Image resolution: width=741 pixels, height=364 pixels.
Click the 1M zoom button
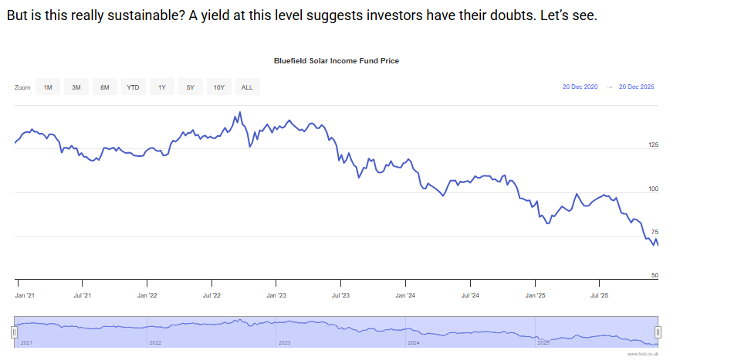[x=48, y=87]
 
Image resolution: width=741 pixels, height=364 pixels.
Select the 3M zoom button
[x=76, y=87]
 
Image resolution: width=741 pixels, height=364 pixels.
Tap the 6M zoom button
[x=104, y=87]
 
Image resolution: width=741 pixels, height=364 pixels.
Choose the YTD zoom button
[x=133, y=87]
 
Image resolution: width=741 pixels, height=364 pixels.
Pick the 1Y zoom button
[x=162, y=87]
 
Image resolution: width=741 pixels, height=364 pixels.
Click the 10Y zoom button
[x=218, y=87]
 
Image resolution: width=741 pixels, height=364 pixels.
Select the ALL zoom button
[x=247, y=87]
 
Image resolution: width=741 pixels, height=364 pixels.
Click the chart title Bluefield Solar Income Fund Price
[x=336, y=60]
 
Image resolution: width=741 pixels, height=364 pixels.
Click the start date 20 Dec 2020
[x=580, y=87]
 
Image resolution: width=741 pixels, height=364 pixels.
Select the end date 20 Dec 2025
[x=636, y=87]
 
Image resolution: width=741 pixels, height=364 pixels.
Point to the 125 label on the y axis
[x=654, y=145]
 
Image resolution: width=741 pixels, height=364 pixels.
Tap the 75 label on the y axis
[x=655, y=232]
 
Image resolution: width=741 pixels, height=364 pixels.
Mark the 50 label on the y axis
[x=655, y=275]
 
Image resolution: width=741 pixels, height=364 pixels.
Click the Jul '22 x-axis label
[x=212, y=295]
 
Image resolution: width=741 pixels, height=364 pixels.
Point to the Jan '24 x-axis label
[x=406, y=295]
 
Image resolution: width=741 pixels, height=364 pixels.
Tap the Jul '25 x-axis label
[x=600, y=295]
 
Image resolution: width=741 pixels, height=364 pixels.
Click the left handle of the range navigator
[x=14, y=332]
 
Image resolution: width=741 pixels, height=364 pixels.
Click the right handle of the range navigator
[x=658, y=332]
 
